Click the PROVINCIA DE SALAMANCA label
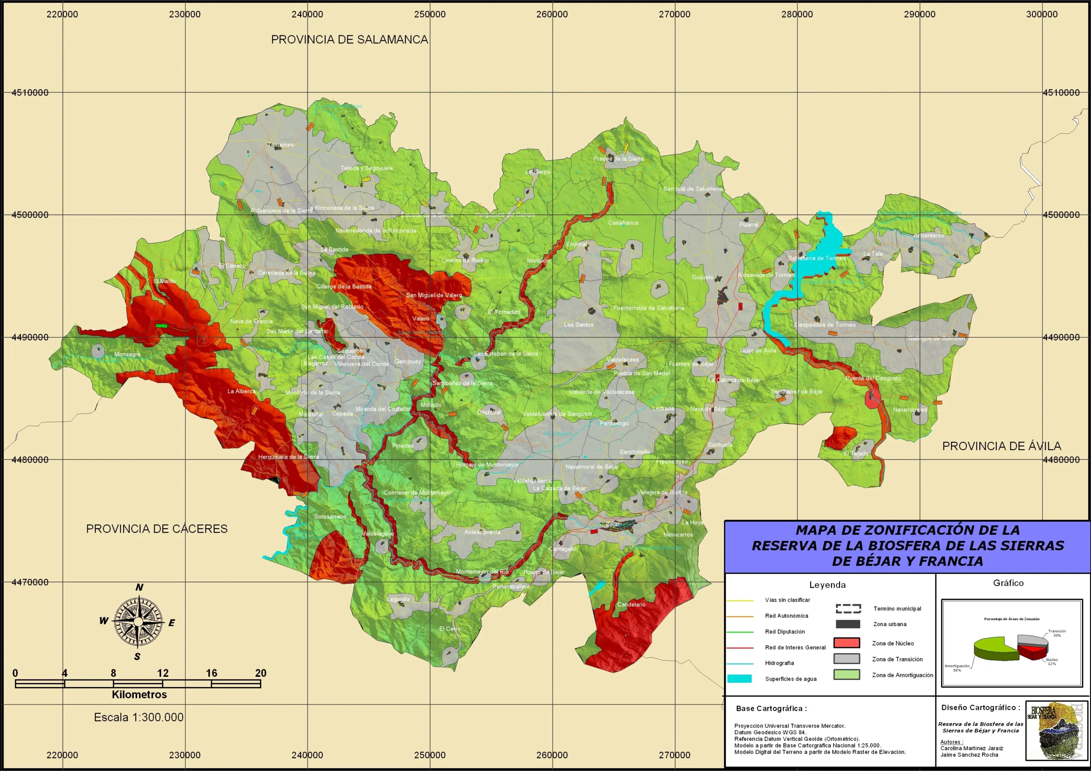(x=349, y=40)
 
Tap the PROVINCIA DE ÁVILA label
(x=1001, y=446)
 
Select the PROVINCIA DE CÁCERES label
(x=156, y=529)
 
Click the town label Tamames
(x=280, y=145)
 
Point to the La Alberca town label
(x=241, y=391)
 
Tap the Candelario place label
(x=631, y=605)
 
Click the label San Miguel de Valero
(x=433, y=295)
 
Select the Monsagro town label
(x=127, y=354)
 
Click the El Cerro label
(x=450, y=628)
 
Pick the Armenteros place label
(x=928, y=236)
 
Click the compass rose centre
(x=138, y=622)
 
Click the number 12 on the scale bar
(x=162, y=673)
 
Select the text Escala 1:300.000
(x=138, y=717)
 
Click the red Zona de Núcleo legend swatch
(x=846, y=643)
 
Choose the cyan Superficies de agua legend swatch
(x=739, y=679)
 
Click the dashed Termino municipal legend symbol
(x=848, y=609)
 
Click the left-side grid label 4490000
(x=30, y=337)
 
